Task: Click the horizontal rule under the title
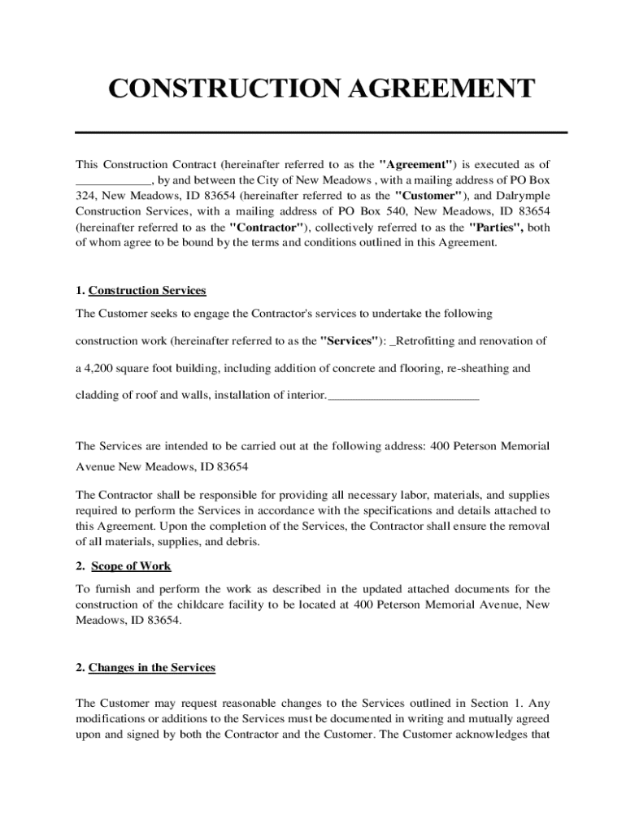(x=320, y=132)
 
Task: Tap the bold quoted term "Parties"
(x=498, y=227)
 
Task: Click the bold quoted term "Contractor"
(x=268, y=227)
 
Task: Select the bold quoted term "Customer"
(x=429, y=196)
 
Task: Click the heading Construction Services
(x=147, y=290)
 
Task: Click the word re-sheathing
(x=479, y=368)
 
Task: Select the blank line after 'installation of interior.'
(x=402, y=398)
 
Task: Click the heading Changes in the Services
(x=152, y=667)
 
